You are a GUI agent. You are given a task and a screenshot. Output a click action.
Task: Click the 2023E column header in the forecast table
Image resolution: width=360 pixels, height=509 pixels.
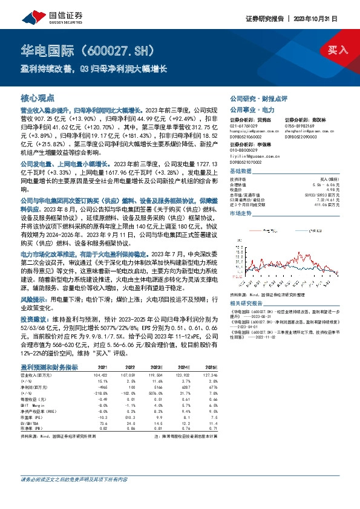pos(156,367)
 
